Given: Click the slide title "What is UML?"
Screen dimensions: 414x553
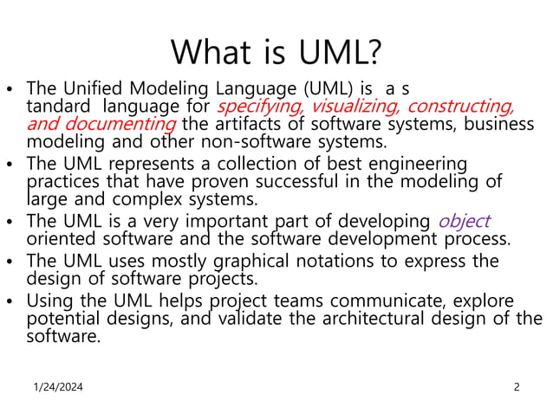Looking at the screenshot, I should (x=276, y=52).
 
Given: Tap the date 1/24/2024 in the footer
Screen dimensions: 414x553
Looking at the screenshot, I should (x=60, y=387).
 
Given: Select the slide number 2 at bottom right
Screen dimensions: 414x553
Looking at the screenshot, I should (x=517, y=387).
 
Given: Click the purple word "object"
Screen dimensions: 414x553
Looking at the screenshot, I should (x=464, y=221).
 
